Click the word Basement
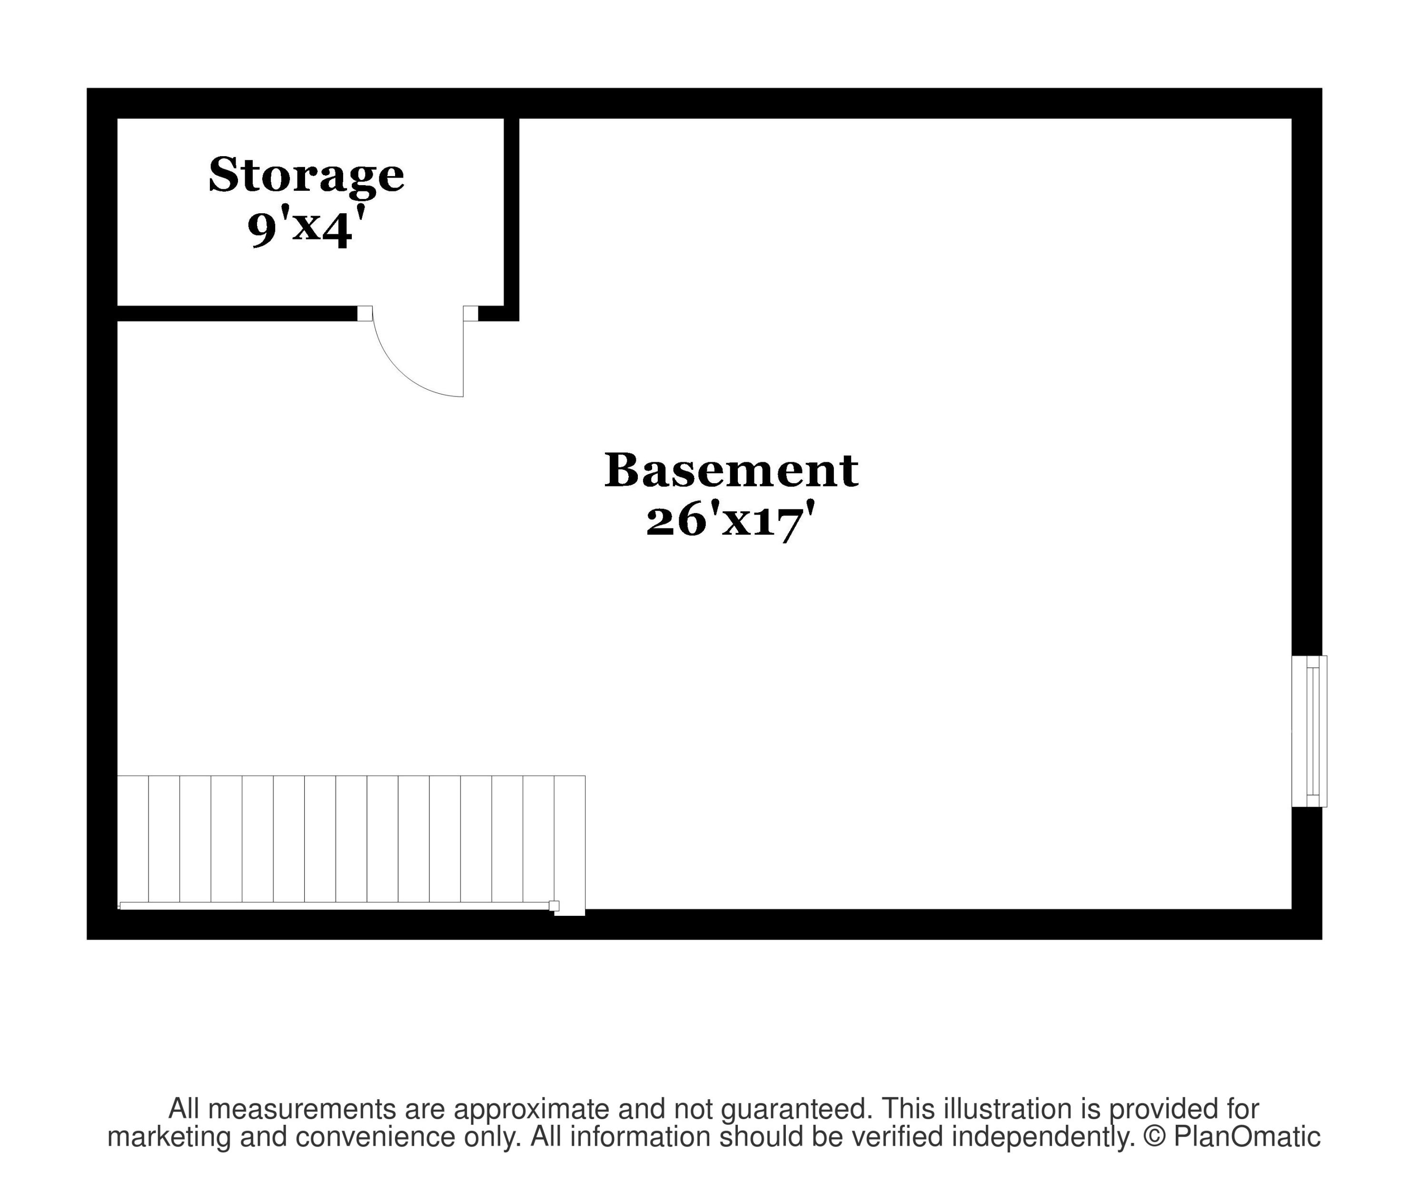732,470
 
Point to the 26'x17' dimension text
730,521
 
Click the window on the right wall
1309,732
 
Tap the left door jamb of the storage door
365,313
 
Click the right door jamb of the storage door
471,313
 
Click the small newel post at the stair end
554,906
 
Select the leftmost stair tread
133,839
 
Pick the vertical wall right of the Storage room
511,219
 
